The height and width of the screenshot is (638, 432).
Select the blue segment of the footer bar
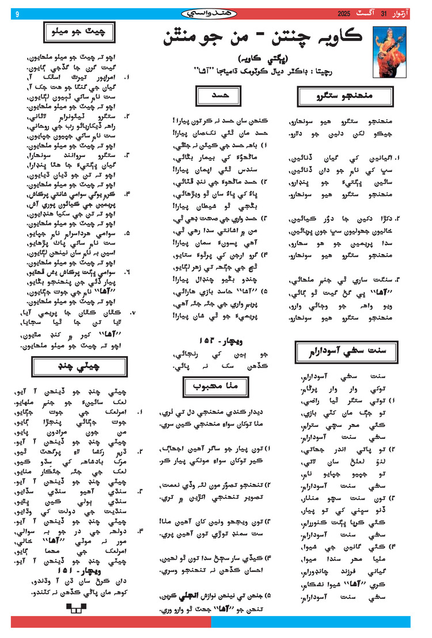(311, 622)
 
